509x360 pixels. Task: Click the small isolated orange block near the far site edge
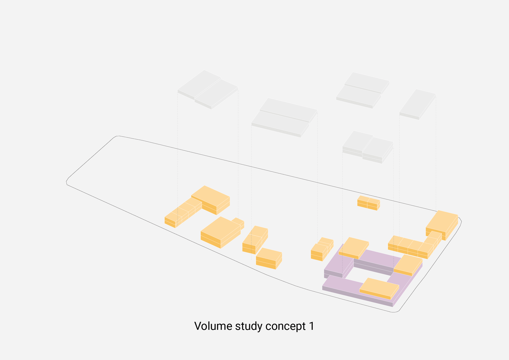368,203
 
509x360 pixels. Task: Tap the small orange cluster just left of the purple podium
322,249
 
